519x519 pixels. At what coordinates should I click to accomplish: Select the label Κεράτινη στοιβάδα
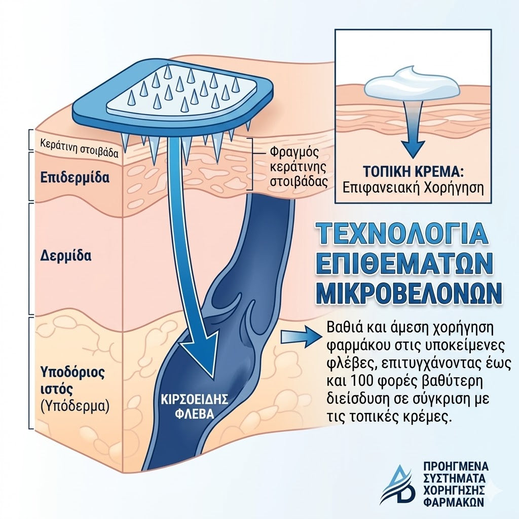(x=79, y=148)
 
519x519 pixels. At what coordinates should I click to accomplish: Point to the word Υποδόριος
(x=72, y=373)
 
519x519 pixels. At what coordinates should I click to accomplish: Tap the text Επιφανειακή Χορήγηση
(x=413, y=188)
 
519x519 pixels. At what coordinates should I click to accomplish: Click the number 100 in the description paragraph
(x=361, y=381)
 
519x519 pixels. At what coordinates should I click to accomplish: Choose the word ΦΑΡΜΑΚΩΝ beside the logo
(x=454, y=502)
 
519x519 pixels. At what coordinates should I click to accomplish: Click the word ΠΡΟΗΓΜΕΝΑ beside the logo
(x=456, y=466)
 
